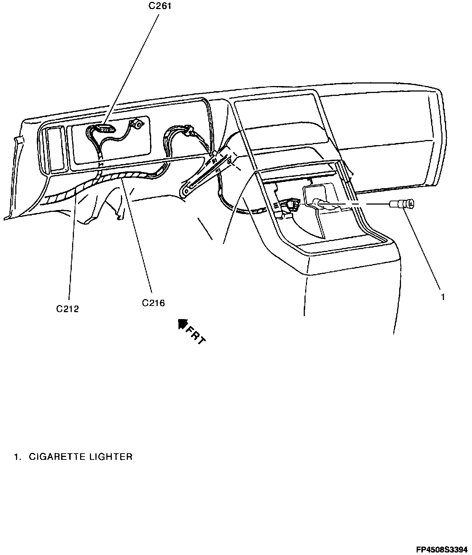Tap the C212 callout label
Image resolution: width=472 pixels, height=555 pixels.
click(x=67, y=309)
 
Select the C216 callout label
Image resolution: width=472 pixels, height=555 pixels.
click(x=153, y=303)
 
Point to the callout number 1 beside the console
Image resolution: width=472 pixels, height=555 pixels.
click(x=443, y=297)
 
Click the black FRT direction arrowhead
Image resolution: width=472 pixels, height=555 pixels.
click(x=182, y=323)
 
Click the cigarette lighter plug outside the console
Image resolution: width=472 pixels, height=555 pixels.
click(x=402, y=204)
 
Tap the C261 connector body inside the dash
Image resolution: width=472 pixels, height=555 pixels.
click(x=106, y=129)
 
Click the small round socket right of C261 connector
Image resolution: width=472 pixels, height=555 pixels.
click(x=138, y=125)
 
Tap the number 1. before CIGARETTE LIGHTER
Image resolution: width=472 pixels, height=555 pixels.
click(x=17, y=457)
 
